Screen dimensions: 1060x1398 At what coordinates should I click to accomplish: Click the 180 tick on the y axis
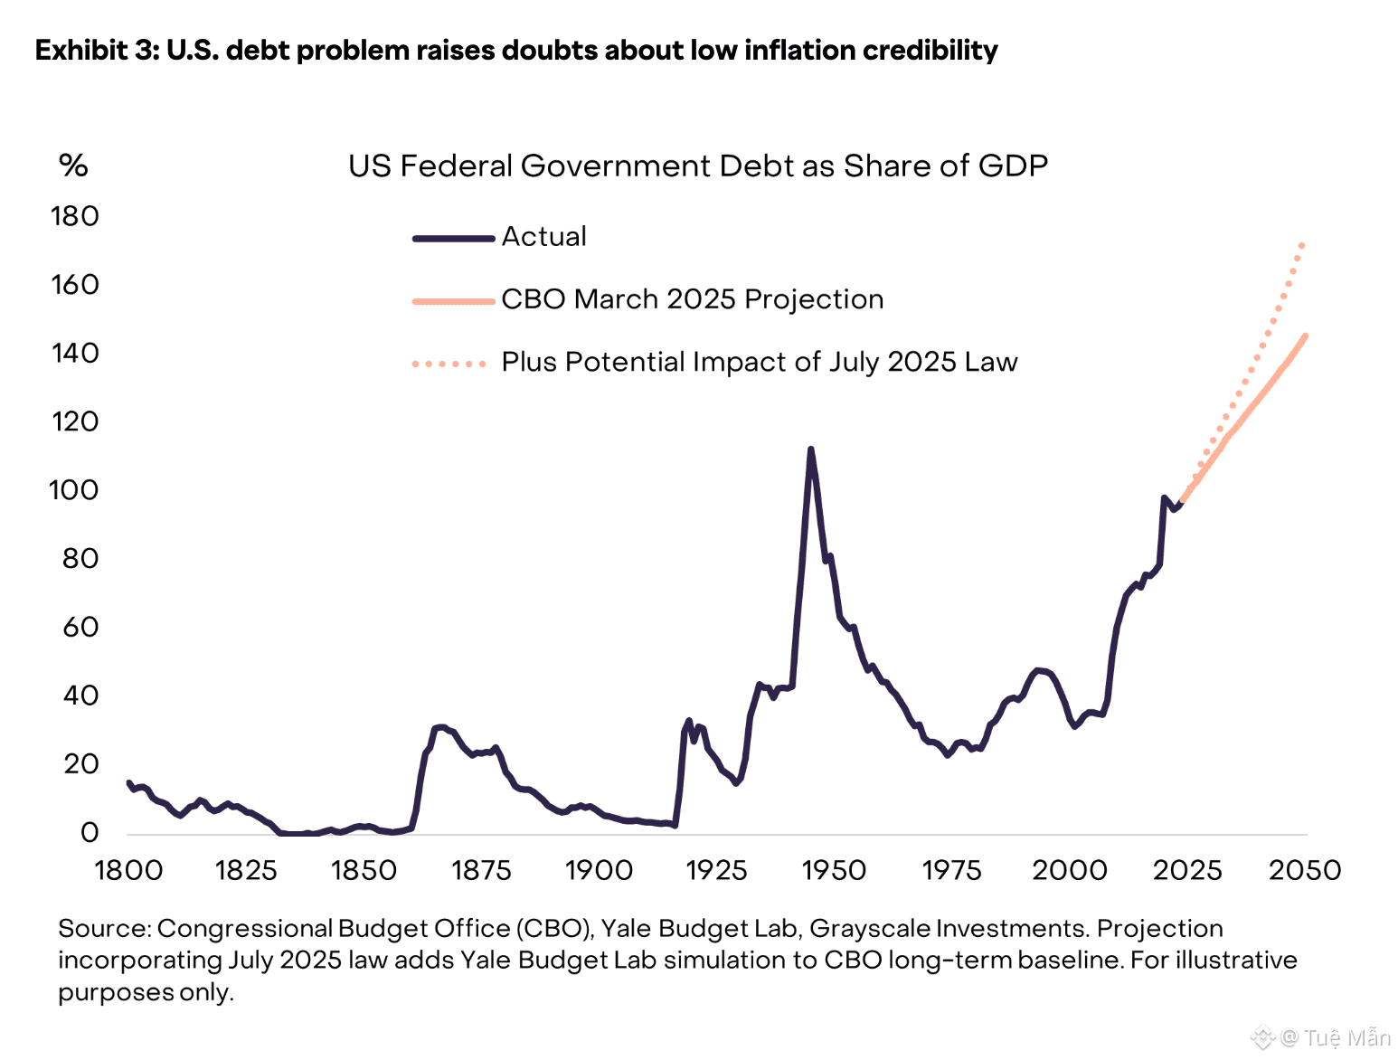75,217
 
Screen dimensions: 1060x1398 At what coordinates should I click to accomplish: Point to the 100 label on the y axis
73,491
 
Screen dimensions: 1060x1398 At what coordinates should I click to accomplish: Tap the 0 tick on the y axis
89,833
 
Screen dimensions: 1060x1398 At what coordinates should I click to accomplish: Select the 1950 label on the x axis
834,871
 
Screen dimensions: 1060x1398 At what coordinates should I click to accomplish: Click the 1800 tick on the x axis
129,871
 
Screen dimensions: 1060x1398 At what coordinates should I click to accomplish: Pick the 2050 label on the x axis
1305,871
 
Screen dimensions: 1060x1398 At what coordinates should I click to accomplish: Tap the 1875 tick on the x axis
481,871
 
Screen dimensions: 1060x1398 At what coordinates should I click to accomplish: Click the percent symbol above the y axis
73,166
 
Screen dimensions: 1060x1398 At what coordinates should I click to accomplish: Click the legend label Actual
543,237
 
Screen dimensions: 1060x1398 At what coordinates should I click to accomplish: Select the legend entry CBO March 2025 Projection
692,299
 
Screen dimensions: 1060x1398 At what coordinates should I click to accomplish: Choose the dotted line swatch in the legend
449,364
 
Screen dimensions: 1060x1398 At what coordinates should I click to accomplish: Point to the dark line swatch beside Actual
453,239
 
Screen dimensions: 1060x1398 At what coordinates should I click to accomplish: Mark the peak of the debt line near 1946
810,450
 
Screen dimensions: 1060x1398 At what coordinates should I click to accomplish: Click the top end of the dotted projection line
1302,244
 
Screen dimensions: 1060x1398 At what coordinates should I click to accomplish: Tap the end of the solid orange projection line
1306,336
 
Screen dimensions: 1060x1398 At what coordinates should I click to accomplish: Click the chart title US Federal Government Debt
697,166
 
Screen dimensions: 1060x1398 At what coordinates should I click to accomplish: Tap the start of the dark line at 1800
129,783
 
